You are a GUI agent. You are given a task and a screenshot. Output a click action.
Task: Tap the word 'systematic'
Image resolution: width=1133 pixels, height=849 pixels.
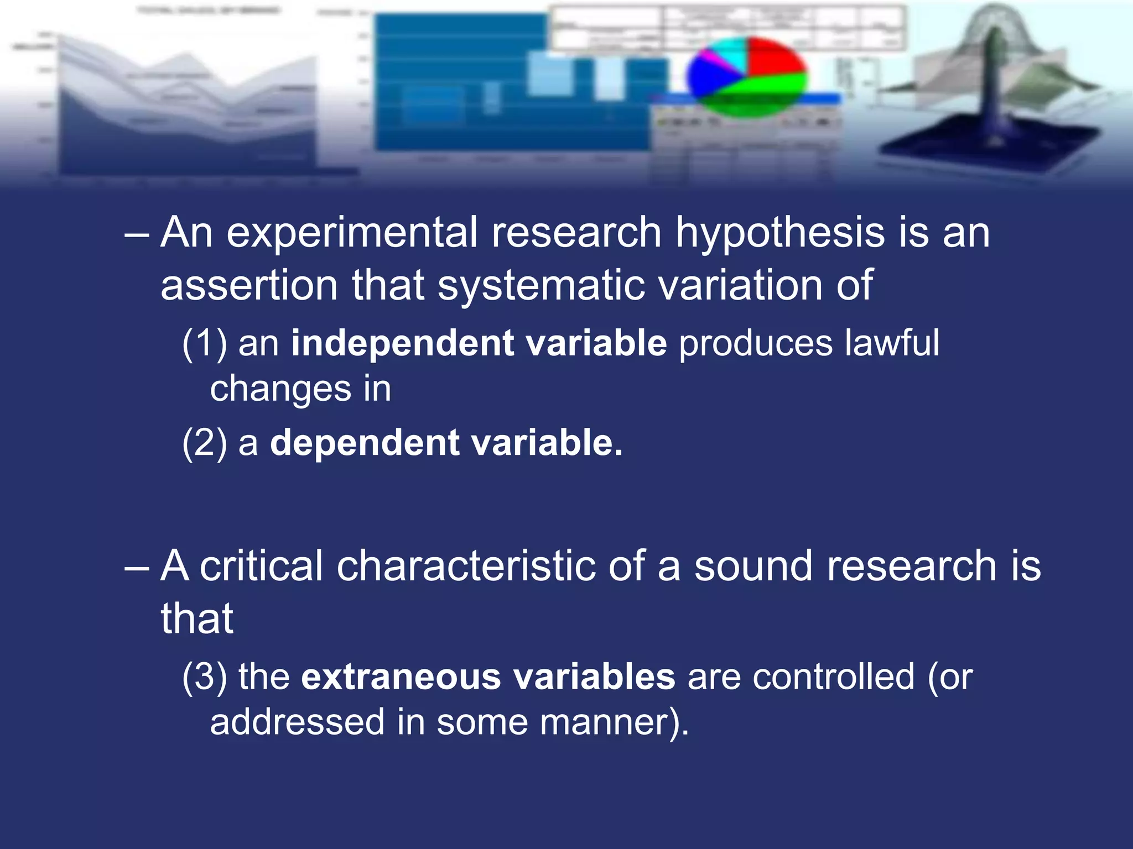(540, 286)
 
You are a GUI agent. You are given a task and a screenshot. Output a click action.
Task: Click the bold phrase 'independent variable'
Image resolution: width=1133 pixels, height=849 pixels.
(479, 343)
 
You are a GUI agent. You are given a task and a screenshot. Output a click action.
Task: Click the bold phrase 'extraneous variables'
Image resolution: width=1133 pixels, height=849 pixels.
(488, 677)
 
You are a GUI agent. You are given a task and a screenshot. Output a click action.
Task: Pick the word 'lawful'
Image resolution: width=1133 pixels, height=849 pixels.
(892, 343)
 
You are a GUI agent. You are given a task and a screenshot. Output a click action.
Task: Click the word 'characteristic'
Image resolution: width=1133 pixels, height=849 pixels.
(466, 567)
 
